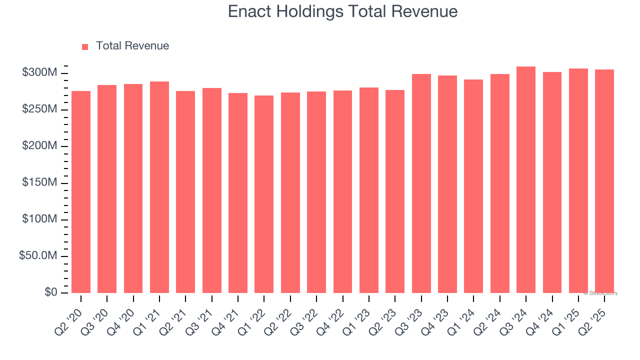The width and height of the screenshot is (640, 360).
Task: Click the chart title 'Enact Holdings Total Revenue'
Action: tap(342, 11)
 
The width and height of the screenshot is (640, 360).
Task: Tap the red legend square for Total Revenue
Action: tap(85, 46)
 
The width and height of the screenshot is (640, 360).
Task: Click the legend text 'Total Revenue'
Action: tap(132, 46)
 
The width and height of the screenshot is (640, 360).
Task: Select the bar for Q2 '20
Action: tap(81, 192)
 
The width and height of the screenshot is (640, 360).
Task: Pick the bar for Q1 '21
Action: tap(159, 187)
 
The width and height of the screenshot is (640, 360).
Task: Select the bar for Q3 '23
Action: tap(421, 183)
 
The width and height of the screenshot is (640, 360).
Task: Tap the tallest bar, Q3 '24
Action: tap(526, 180)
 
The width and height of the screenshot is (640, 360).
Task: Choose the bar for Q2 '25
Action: tap(604, 181)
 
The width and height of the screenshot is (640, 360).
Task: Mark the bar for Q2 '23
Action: tap(395, 191)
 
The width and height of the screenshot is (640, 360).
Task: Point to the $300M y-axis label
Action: tap(39, 73)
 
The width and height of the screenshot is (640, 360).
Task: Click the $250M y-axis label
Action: tap(39, 109)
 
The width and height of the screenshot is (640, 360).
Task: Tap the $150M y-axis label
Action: tap(39, 183)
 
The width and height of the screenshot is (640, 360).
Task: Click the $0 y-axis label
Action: tap(48, 292)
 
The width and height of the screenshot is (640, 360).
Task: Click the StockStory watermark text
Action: tap(600, 293)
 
